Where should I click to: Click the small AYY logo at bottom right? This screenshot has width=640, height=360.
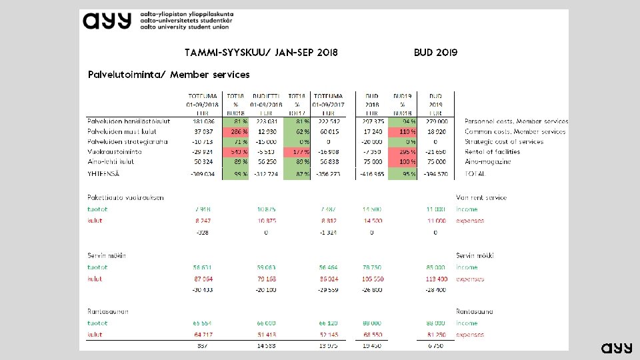click(616, 348)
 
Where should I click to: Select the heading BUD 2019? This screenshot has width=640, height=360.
click(435, 52)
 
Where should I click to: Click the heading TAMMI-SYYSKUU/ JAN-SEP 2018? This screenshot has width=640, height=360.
click(261, 52)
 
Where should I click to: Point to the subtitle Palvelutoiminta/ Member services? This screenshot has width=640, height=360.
click(169, 74)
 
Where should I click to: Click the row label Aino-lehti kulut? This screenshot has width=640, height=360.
click(111, 161)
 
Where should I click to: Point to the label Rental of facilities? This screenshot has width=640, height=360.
click(492, 151)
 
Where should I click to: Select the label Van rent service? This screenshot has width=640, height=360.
click(481, 197)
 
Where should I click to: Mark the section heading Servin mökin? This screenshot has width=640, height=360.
click(107, 255)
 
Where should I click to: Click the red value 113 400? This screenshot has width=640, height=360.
click(435, 279)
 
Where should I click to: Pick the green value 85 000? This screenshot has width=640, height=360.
click(435, 267)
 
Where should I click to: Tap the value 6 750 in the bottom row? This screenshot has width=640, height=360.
click(435, 346)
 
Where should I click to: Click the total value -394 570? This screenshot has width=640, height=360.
click(435, 173)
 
